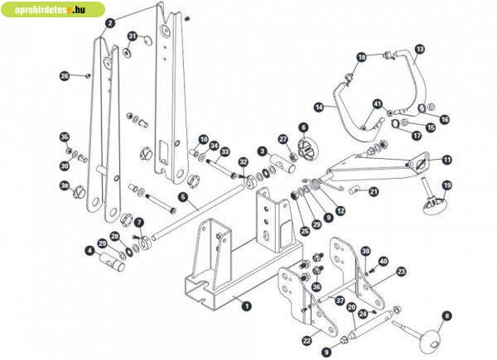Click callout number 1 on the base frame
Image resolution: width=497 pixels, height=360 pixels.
(246, 305)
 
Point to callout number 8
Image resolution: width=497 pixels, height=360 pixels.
(447, 315)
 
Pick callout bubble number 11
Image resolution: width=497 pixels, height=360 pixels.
(446, 160)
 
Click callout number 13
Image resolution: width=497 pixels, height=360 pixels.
(419, 50)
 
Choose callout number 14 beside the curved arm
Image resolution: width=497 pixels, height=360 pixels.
(319, 108)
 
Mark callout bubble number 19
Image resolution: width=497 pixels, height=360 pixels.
(447, 185)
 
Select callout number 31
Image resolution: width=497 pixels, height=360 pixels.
(133, 36)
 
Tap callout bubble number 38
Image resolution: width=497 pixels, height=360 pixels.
(65, 186)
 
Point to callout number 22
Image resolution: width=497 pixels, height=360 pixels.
(307, 338)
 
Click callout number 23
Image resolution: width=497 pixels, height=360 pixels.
(401, 271)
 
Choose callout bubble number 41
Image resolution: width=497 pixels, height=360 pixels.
(377, 103)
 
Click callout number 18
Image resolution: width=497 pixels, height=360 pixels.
(361, 57)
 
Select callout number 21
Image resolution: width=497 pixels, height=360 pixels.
(374, 192)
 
